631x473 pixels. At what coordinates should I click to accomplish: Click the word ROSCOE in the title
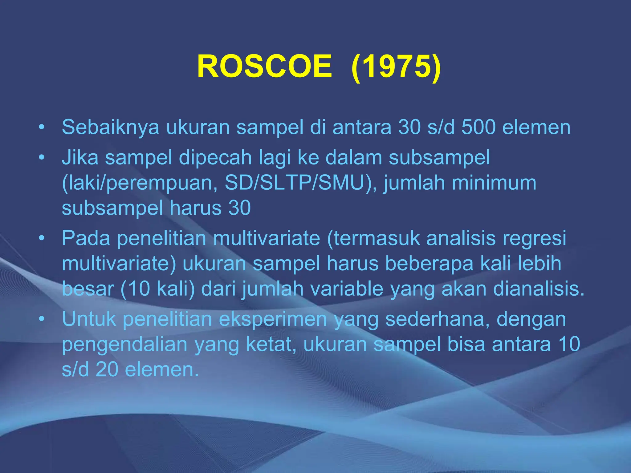pos(264,67)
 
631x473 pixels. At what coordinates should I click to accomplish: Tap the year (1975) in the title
pos(396,67)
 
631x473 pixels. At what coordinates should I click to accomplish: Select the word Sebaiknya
pos(111,127)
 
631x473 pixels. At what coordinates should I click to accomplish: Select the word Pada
pos(86,238)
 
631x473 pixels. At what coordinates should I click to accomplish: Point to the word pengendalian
pos(125,344)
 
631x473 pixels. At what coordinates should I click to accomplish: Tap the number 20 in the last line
pos(107,370)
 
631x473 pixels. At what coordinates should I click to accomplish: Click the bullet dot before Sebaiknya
pos(42,127)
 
